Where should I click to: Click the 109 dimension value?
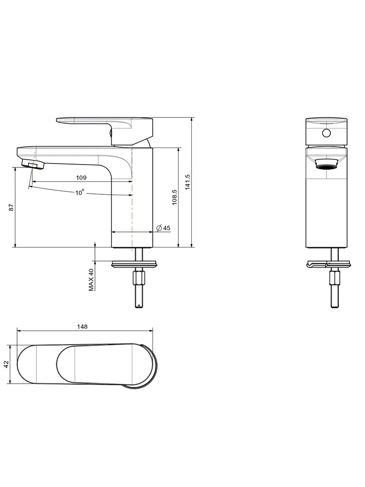click(81, 178)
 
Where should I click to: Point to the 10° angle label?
click(80, 192)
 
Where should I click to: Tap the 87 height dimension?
click(12, 207)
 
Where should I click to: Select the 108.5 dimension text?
click(174, 197)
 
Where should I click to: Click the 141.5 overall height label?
click(187, 182)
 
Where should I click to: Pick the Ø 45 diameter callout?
click(163, 228)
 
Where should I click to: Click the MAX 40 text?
click(91, 280)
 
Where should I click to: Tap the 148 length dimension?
click(82, 327)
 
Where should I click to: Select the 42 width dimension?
click(6, 364)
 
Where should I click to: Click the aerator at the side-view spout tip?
click(33, 164)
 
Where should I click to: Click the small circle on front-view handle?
click(326, 133)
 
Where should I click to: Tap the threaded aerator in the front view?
click(326, 164)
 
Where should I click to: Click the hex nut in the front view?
click(334, 278)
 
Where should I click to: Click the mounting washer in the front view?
click(329, 264)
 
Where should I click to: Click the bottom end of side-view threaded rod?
click(139, 307)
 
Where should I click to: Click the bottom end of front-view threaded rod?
click(335, 307)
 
